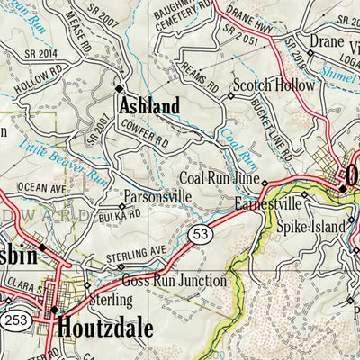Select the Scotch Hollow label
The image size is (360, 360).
274,86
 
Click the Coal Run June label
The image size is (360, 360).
220,180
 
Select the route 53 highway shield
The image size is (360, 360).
200,236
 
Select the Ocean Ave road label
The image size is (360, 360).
43,188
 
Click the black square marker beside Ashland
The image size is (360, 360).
119,88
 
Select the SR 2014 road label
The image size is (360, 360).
31,54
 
